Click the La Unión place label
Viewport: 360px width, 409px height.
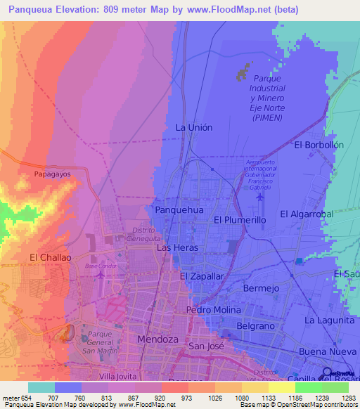pyautogui.click(x=193, y=127)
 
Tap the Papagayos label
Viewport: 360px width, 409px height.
pyautogui.click(x=53, y=173)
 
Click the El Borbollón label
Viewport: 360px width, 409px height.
pyautogui.click(x=319, y=145)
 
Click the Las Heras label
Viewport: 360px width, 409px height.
pyautogui.click(x=177, y=248)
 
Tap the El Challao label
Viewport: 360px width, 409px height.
pyautogui.click(x=50, y=257)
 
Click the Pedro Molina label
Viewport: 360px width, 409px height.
pyautogui.click(x=213, y=310)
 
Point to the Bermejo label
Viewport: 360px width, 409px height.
pyautogui.click(x=261, y=288)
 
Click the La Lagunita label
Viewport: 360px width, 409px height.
pyautogui.click(x=329, y=320)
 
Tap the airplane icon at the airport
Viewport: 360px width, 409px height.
pyautogui.click(x=261, y=195)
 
